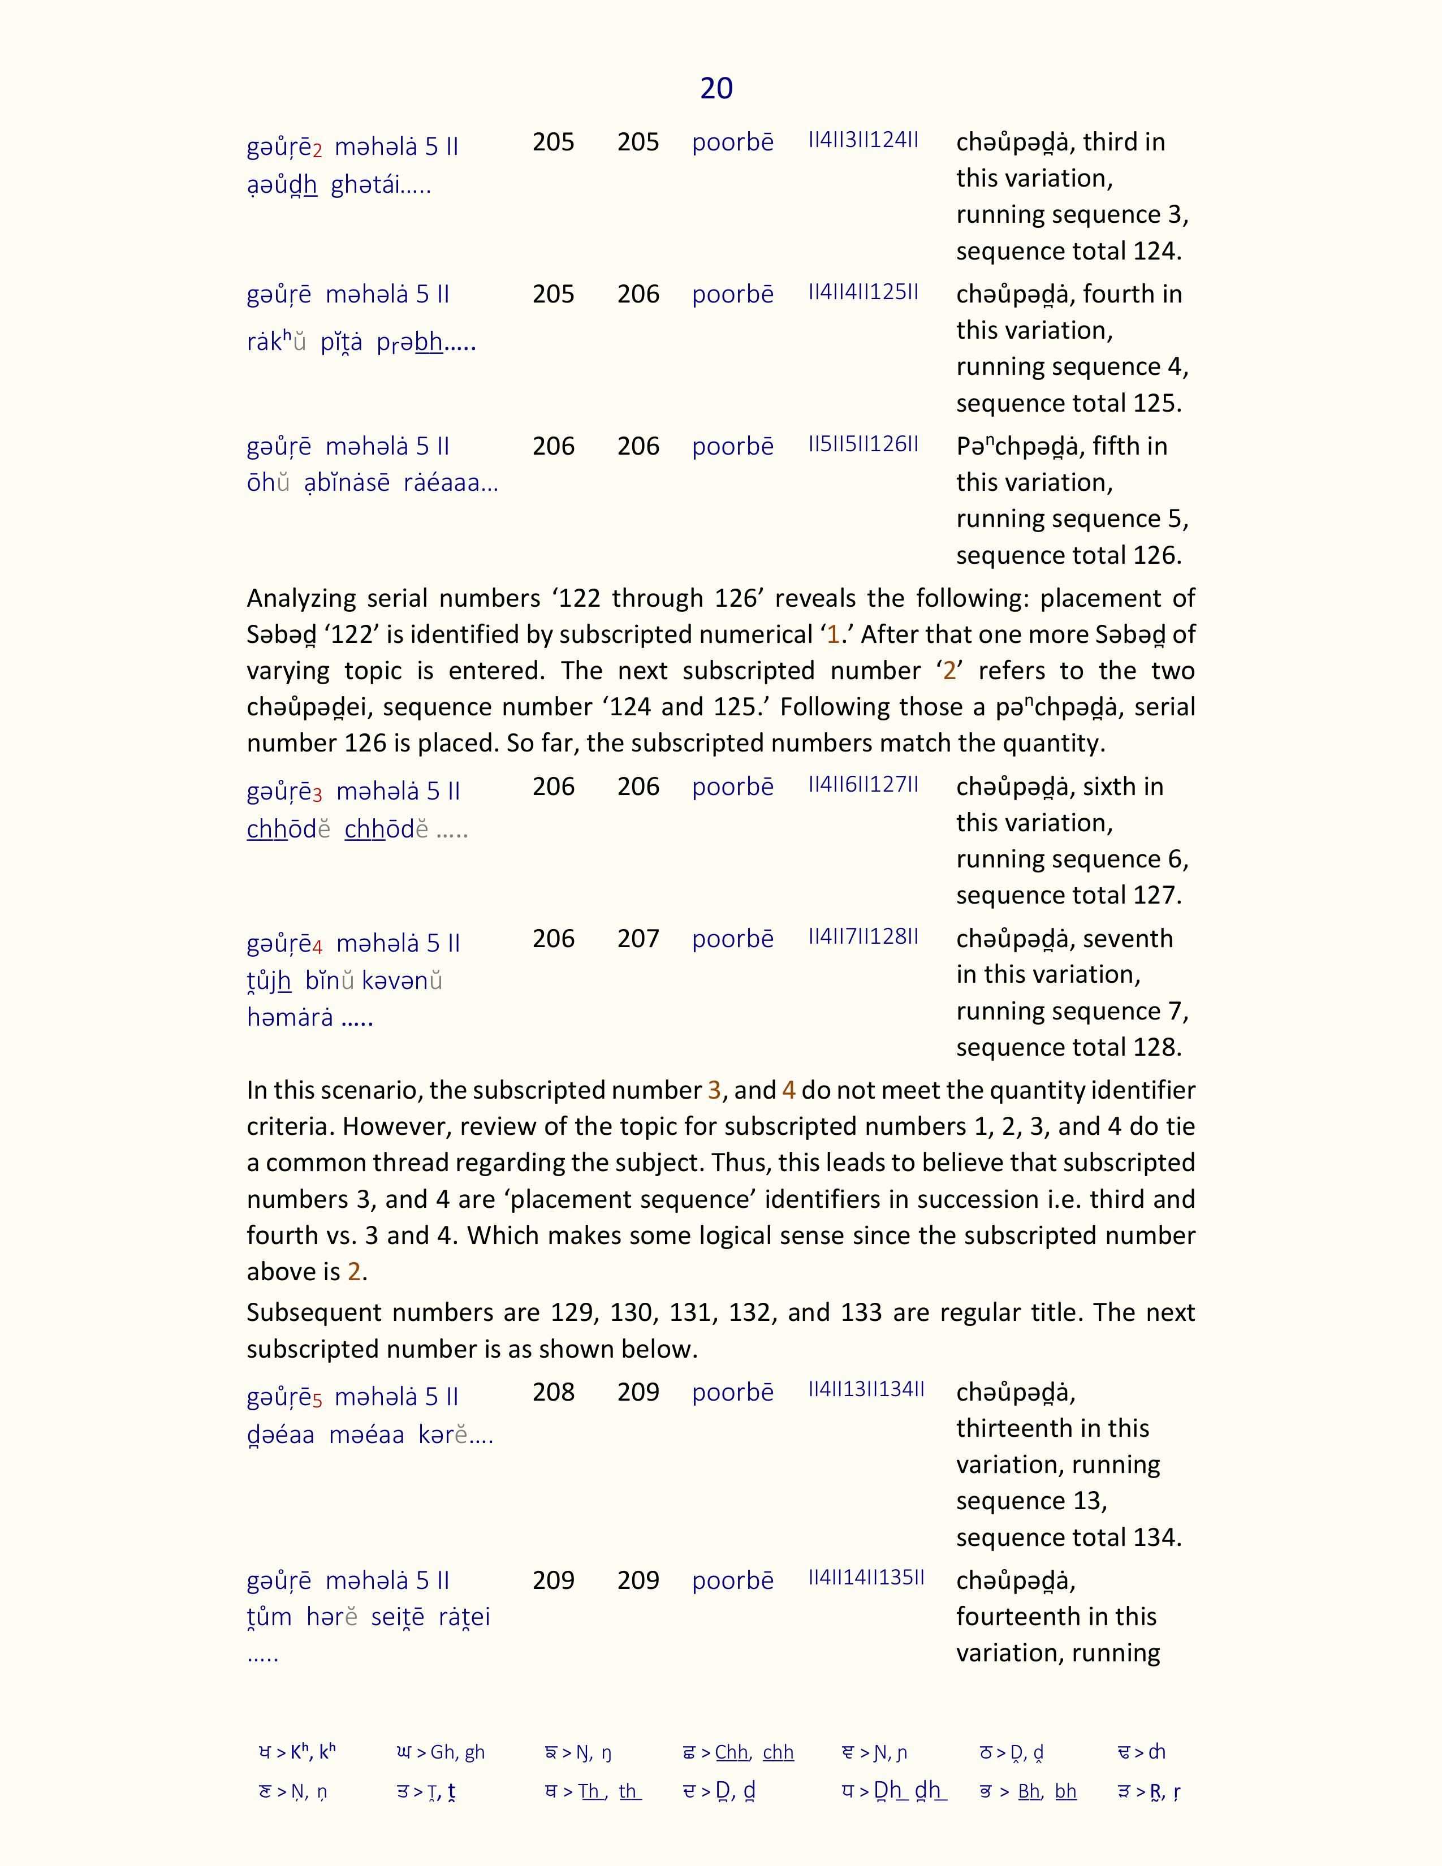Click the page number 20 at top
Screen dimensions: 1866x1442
coord(716,88)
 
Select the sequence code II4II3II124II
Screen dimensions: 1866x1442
coord(863,140)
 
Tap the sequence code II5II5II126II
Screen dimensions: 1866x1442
coord(863,444)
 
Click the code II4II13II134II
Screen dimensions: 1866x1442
coord(866,1389)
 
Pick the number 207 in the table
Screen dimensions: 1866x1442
coord(638,938)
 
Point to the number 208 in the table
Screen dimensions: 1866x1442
coord(554,1392)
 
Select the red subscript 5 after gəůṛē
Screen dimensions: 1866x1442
coord(317,1401)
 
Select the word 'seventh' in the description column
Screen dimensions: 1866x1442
coord(1128,938)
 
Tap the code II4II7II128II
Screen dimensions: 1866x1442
coord(863,936)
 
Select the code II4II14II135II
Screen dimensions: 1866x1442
coord(866,1577)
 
